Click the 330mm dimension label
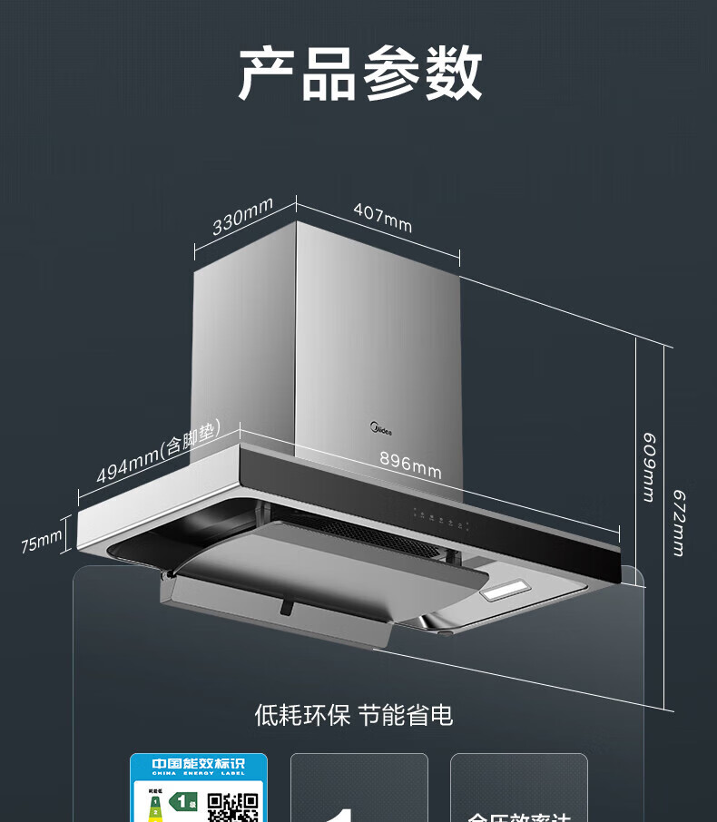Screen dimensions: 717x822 [x=242, y=216]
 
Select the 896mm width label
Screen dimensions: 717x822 [x=410, y=465]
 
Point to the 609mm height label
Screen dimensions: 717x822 [x=649, y=466]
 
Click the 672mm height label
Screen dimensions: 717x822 [x=678, y=523]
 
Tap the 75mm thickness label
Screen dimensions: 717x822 [x=42, y=543]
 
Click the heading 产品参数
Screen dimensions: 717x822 [x=359, y=74]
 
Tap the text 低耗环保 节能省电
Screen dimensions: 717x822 [x=354, y=715]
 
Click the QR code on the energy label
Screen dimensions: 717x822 [x=233, y=807]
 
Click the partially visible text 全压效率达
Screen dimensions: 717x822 [x=519, y=817]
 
